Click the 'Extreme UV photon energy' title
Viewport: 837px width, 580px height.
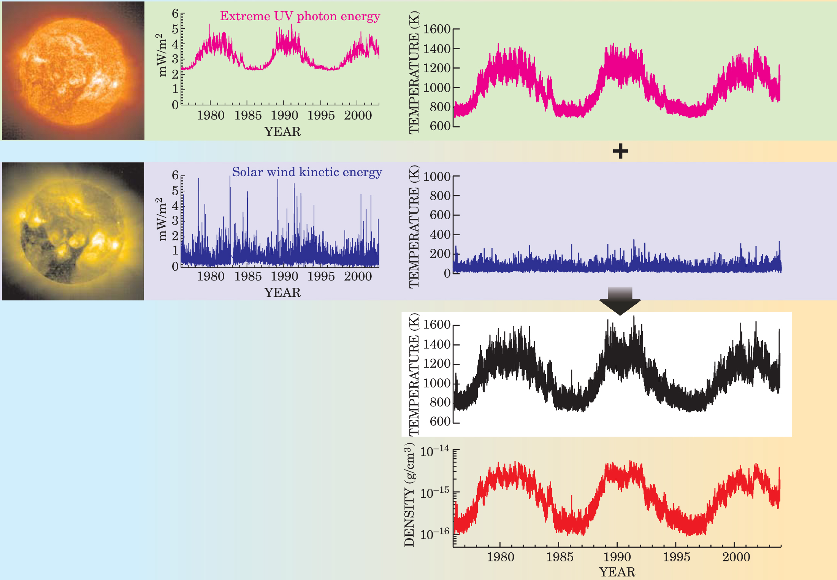point(300,16)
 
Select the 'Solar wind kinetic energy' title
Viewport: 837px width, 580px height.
point(307,172)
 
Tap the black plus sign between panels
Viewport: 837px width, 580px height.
point(620,151)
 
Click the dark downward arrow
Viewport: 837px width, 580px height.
point(620,301)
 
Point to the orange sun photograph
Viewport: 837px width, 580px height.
point(73,71)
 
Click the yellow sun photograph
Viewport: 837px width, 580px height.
point(73,231)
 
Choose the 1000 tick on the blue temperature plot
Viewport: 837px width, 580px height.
point(437,177)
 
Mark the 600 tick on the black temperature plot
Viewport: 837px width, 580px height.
point(440,422)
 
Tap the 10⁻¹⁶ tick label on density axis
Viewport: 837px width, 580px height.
point(434,534)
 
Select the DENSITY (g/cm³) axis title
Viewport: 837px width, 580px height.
point(409,495)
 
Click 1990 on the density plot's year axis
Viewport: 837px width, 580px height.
point(617,557)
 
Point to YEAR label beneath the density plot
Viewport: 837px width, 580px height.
point(617,572)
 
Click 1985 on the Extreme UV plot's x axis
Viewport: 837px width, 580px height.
point(248,115)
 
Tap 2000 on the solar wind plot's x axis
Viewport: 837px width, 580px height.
point(358,276)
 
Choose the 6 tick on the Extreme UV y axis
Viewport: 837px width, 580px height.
point(175,14)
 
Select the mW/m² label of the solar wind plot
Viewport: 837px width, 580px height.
point(162,220)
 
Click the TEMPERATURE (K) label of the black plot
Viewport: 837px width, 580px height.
point(414,374)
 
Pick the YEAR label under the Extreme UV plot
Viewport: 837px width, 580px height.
point(282,132)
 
